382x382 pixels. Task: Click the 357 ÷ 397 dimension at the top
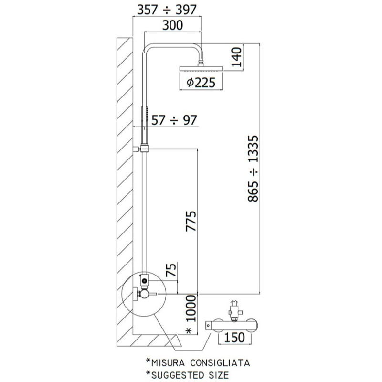pos(167,10)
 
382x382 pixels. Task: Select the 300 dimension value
pos(172,25)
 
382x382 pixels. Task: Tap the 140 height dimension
pos(236,57)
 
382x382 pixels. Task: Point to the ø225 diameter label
pos(201,83)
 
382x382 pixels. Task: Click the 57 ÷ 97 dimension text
pos(174,120)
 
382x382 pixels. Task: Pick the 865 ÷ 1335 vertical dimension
pos(253,169)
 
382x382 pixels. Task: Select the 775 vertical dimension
pos(191,221)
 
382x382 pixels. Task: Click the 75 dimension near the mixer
pos(171,270)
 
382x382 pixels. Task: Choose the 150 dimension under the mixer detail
pos(234,338)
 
